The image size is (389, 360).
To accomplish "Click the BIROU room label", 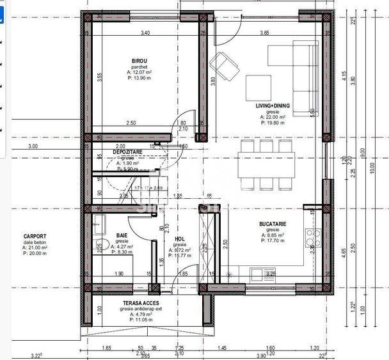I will click(x=139, y=61).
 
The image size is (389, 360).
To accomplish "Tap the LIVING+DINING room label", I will click(x=271, y=106).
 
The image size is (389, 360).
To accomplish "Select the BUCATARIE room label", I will click(x=273, y=224).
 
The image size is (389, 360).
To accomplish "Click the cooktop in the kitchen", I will click(x=313, y=239).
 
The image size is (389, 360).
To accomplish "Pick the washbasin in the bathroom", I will click(x=99, y=223).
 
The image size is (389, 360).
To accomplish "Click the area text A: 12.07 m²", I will click(x=139, y=72).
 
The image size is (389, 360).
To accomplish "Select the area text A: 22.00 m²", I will click(x=271, y=117).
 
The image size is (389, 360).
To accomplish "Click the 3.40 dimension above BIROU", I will click(x=145, y=33).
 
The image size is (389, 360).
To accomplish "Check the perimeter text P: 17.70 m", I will click(x=273, y=241).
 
